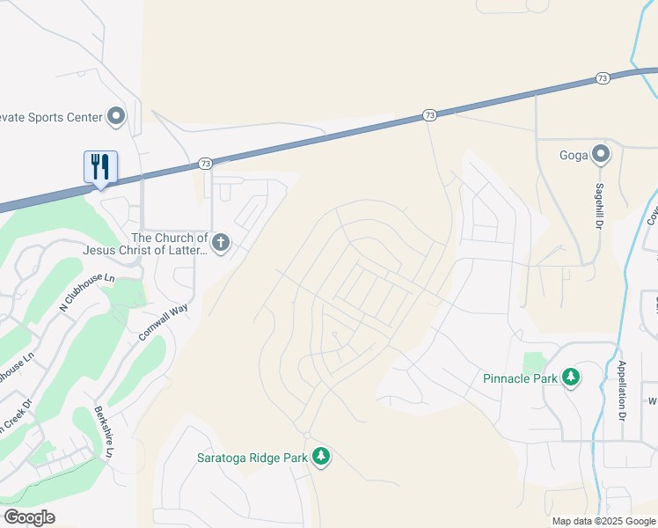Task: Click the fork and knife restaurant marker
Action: (x=100, y=165)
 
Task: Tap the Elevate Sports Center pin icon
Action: (x=116, y=116)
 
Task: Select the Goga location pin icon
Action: (x=601, y=155)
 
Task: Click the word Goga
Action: (x=573, y=155)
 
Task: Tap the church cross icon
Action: (x=220, y=242)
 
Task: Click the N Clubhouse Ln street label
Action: (x=87, y=291)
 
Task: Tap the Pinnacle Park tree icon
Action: (x=572, y=378)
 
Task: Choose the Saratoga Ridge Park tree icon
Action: (x=322, y=456)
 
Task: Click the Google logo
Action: (x=29, y=517)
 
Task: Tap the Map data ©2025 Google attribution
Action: (x=603, y=521)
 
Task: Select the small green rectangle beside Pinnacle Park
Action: (x=533, y=362)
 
